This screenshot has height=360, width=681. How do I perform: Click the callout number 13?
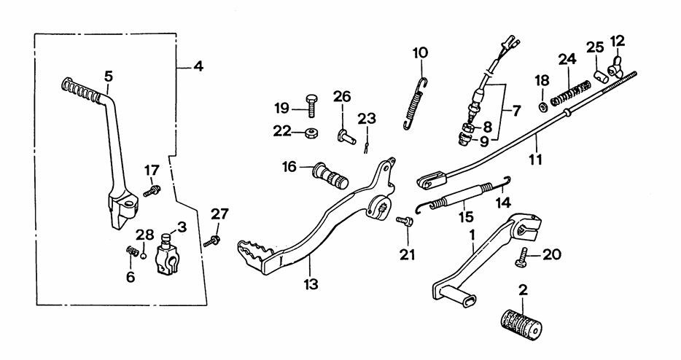pos(311,284)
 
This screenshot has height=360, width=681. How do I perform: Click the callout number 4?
pos(198,67)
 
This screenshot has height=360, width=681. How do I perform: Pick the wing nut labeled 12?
pos(616,66)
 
